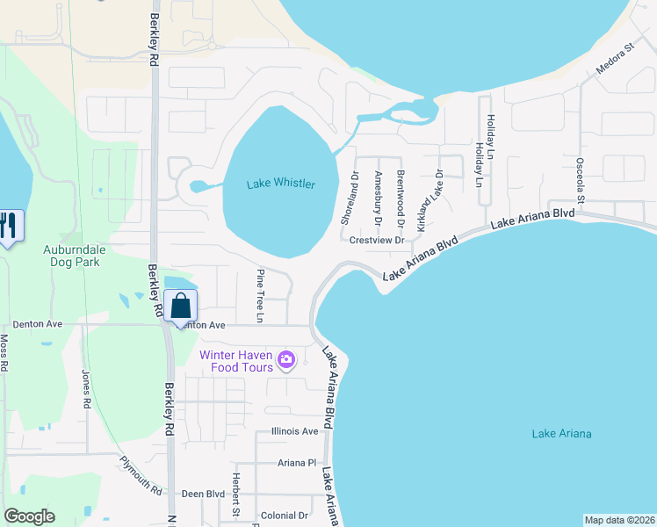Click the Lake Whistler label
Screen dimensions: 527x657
(x=280, y=184)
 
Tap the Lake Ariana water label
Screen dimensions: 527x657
(x=561, y=434)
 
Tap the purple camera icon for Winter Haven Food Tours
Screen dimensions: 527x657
(x=285, y=359)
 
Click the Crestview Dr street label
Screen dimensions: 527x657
(x=376, y=240)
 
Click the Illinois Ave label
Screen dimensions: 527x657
(x=295, y=431)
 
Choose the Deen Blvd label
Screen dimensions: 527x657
(x=203, y=494)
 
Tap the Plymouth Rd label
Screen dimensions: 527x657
(x=141, y=475)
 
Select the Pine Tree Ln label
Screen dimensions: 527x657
(x=260, y=283)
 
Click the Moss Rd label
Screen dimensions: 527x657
(x=4, y=352)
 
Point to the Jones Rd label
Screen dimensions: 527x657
(x=86, y=390)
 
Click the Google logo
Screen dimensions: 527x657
(x=29, y=516)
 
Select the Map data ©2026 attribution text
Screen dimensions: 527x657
(x=619, y=520)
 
